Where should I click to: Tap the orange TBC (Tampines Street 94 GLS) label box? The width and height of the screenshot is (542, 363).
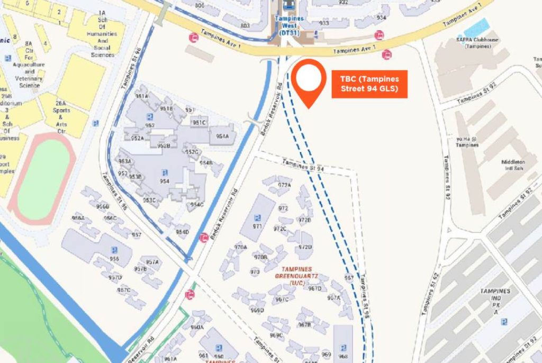point(369,84)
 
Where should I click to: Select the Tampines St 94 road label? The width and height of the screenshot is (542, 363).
point(302,167)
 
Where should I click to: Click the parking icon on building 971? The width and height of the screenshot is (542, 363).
point(257,217)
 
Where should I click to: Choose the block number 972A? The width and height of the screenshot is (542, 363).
point(285,185)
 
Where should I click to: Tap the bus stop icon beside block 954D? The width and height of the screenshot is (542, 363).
point(203,238)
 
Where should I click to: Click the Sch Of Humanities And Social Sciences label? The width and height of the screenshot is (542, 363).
point(103,40)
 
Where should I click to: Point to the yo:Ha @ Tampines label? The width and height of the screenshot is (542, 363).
point(467,142)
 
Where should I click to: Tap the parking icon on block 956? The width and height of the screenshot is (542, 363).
point(113,250)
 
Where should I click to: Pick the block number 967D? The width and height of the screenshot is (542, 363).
point(315,288)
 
